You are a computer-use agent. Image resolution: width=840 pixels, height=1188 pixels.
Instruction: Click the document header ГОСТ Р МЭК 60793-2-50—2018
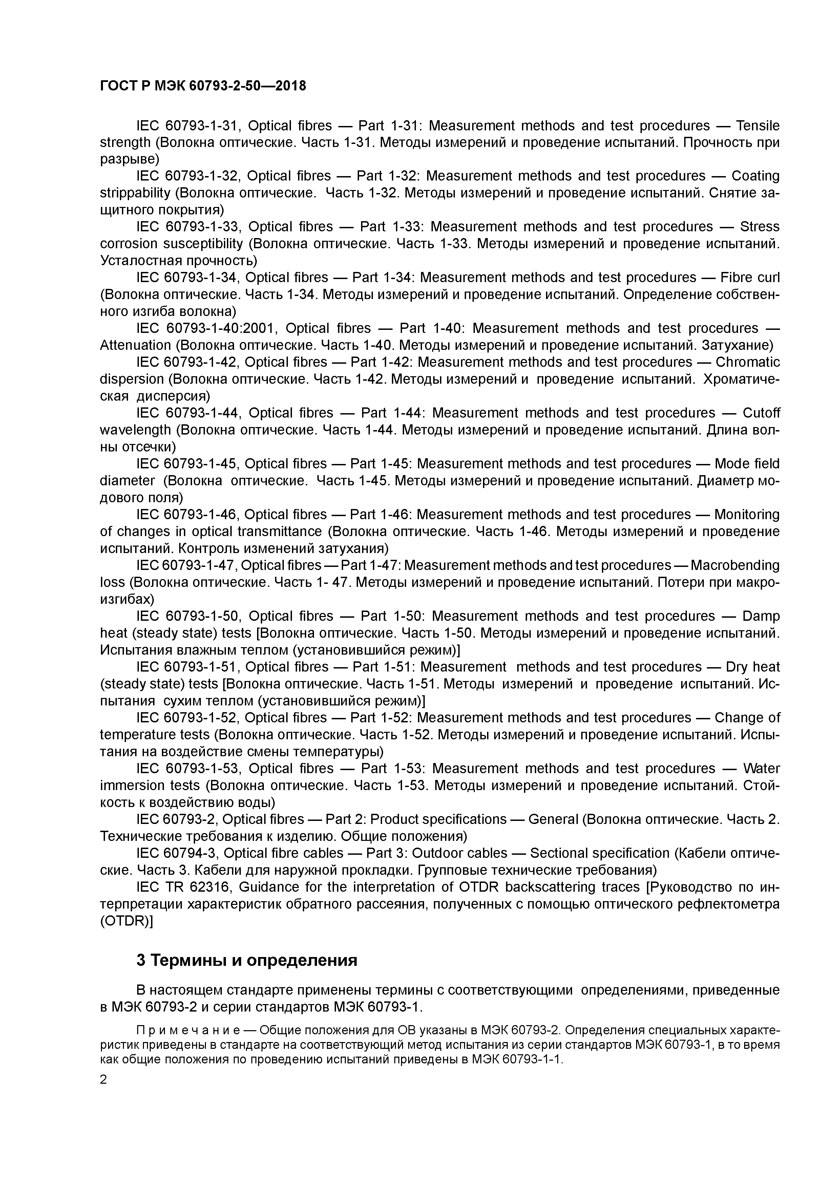203,86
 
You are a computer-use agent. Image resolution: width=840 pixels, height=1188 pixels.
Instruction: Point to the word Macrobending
735,565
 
